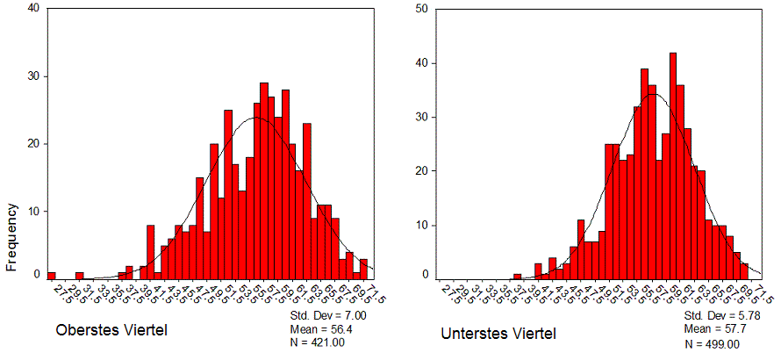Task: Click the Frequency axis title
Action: click(13, 236)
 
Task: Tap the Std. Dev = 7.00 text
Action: click(321, 314)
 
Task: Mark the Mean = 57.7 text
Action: click(713, 328)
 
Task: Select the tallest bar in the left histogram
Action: click(263, 181)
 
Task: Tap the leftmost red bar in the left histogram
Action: click(51, 276)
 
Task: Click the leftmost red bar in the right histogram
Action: click(517, 277)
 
